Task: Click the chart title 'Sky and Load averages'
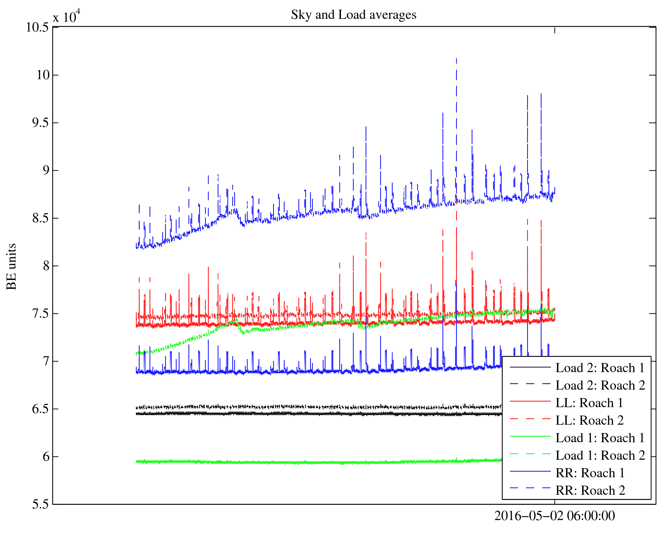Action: pos(353,15)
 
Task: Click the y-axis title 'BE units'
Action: pos(12,266)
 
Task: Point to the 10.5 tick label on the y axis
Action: pos(37,28)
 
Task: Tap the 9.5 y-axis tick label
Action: pos(41,123)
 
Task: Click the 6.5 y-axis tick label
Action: pos(41,409)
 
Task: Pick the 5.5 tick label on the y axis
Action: pos(41,504)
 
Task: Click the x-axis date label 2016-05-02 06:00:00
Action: pos(554,516)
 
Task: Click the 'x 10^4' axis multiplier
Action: pos(66,16)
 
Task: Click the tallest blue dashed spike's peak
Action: pos(456,59)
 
